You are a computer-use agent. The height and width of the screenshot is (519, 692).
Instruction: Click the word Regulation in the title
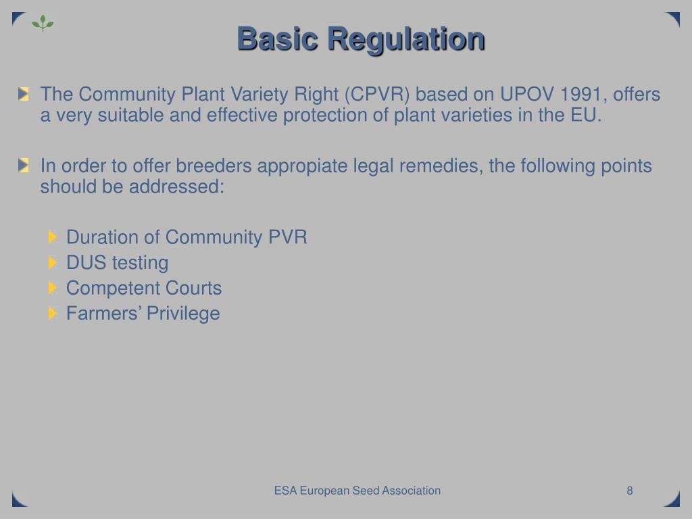pyautogui.click(x=406, y=39)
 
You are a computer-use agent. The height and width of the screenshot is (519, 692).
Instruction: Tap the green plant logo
pyautogui.click(x=43, y=24)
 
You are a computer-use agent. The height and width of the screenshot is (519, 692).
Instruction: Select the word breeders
pyautogui.click(x=208, y=166)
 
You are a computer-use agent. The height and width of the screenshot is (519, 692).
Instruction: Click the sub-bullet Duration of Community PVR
pyautogui.click(x=187, y=237)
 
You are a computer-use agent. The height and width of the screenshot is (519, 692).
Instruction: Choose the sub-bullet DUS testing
pyautogui.click(x=117, y=262)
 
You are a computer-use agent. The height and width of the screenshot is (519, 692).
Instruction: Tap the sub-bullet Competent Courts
pyautogui.click(x=143, y=288)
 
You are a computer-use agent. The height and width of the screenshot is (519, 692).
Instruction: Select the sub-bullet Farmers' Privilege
pyautogui.click(x=143, y=313)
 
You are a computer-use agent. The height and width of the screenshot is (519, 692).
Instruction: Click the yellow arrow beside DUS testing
pyautogui.click(x=53, y=262)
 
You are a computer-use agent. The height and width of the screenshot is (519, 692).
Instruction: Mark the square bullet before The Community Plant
pyautogui.click(x=25, y=94)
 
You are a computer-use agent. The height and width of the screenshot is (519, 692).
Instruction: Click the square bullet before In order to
pyautogui.click(x=25, y=165)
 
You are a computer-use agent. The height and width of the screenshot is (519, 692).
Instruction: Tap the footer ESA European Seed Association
pyautogui.click(x=357, y=491)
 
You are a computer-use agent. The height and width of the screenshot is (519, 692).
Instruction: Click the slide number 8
pyautogui.click(x=629, y=491)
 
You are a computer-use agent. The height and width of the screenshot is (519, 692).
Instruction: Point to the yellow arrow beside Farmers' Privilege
pyautogui.click(x=53, y=313)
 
